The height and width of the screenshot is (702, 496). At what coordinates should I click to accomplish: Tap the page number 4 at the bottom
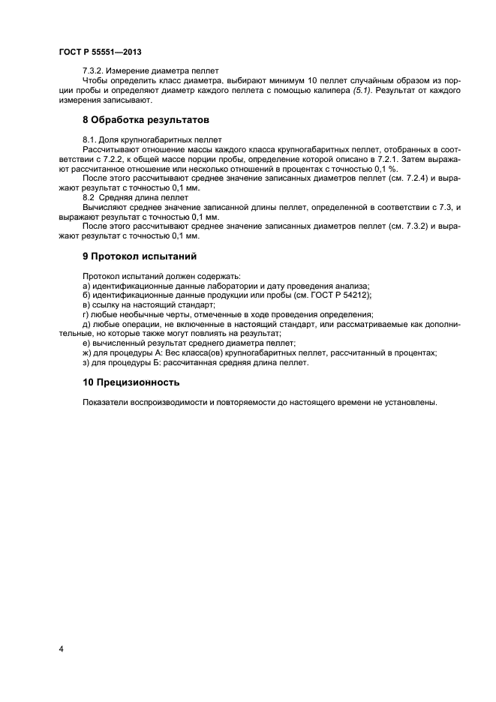[x=61, y=647]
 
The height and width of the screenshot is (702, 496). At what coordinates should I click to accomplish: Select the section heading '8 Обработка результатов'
[x=145, y=120]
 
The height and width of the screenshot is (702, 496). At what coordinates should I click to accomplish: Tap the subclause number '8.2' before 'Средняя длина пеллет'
[x=90, y=198]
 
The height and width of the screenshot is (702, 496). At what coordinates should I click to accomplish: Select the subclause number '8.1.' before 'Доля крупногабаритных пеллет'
[x=91, y=139]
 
